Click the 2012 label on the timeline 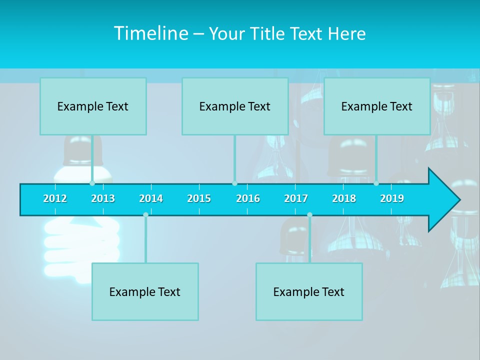[55, 198]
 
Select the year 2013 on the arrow [103, 198]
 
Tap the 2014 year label [151, 198]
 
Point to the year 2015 [199, 198]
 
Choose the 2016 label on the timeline [248, 198]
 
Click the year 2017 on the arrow [296, 198]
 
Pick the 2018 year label [344, 198]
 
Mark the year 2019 [392, 198]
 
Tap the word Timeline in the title [150, 33]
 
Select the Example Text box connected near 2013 [93, 106]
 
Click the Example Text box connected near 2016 [235, 106]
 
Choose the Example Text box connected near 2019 [377, 106]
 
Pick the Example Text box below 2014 [145, 292]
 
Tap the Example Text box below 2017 [309, 292]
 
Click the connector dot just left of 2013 [92, 183]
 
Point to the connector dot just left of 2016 [234, 183]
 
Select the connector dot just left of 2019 [376, 183]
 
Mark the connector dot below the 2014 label [145, 215]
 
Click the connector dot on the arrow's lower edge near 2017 [309, 215]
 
